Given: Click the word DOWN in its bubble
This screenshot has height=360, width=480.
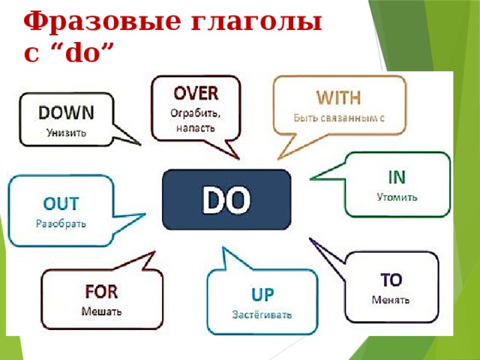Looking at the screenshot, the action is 66,112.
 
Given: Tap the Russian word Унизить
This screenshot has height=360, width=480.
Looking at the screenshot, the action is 66,133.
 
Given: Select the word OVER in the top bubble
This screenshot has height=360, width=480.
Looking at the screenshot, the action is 196,93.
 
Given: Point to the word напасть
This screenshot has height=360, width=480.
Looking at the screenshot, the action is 195,128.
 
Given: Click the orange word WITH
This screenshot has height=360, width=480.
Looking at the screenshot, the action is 338,97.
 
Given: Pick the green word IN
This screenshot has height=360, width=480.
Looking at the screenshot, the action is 397,177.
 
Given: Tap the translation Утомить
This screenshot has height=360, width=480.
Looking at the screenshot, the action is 397,196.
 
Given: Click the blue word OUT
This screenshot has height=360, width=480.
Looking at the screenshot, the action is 61,203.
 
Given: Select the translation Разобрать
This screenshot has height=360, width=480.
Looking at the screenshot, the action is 61,223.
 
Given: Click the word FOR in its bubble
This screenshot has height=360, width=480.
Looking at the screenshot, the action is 101,292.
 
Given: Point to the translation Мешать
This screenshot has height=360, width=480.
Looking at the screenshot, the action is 101,312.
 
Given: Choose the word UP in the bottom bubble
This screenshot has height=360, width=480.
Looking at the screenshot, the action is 262,295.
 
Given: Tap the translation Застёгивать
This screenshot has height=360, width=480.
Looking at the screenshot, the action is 262,315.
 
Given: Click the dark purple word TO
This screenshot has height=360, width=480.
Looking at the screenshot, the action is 391,280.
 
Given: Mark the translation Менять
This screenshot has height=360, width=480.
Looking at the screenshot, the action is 391,300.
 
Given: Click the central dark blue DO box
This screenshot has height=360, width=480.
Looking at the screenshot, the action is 226,199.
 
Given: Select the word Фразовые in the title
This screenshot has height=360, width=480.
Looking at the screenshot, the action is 102,22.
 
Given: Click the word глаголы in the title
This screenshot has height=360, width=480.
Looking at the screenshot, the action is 256,22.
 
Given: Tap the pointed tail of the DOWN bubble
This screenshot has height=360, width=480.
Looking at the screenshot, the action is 140,145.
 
